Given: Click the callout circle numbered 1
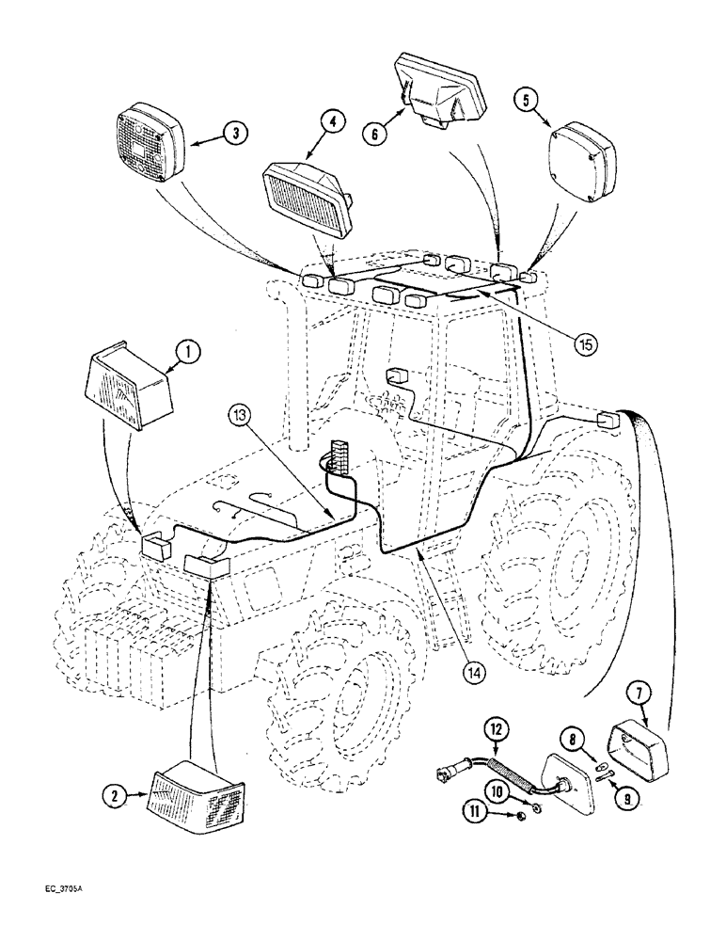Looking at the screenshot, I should (x=186, y=354).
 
